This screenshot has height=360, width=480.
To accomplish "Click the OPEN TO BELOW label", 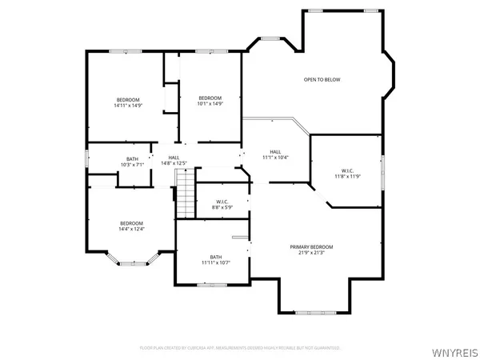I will pos(322,80).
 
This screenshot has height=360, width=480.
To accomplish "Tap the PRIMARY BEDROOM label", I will pos(311,246).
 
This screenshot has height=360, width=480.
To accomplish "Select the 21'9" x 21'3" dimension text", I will pos(311,253).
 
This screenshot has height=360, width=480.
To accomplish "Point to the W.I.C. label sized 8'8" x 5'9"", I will pos(212,202).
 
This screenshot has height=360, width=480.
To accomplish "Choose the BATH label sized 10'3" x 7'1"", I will pos(132,158).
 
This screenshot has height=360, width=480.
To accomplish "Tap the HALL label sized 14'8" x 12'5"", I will pos(174,158).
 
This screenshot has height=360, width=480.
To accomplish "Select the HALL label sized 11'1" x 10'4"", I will pos(275,151).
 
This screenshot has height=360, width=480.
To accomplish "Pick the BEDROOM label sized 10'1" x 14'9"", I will pos(210,98).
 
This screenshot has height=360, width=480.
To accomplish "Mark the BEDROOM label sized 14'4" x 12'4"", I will pos(132,223).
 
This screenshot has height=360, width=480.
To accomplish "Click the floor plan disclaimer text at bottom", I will pos(240,348).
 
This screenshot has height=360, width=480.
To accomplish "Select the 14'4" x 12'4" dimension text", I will pos(132,230).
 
